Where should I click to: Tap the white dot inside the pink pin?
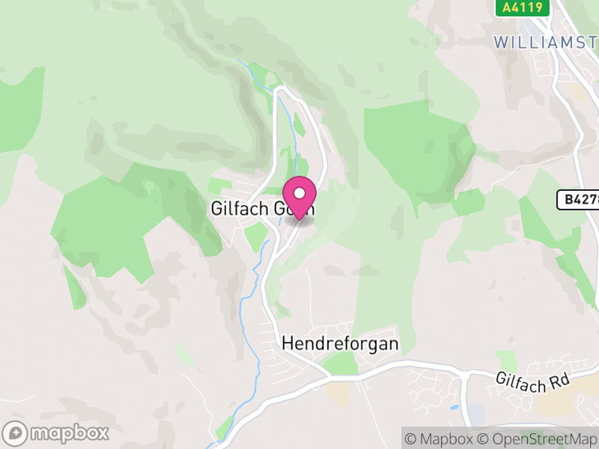click(299, 193)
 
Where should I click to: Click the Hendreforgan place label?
click(340, 344)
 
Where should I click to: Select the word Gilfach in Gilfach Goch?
click(235, 209)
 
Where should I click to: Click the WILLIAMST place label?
click(546, 42)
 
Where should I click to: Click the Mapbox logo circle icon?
click(16, 433)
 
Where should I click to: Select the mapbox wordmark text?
click(69, 433)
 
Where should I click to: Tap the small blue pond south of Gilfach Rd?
click(454, 408)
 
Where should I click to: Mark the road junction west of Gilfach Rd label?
click(464, 373)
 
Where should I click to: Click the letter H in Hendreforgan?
click(288, 344)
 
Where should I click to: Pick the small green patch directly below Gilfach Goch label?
click(256, 236)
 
